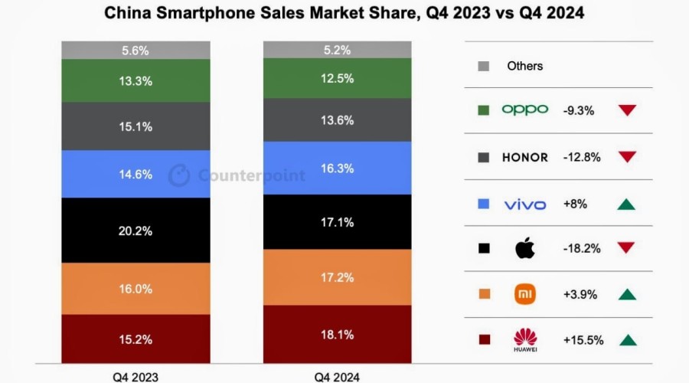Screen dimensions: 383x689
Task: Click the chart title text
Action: pyautogui.click(x=344, y=13)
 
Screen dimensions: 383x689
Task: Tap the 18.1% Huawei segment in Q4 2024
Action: pyautogui.click(x=337, y=334)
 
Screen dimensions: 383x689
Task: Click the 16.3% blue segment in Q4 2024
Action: pyautogui.click(x=337, y=168)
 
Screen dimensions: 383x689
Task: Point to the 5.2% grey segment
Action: pyautogui.click(x=337, y=50)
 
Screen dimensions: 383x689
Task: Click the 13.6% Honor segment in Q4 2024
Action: pyautogui.click(x=337, y=120)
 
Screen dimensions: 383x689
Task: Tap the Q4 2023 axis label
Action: pyautogui.click(x=135, y=376)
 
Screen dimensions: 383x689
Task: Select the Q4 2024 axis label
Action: pyautogui.click(x=338, y=376)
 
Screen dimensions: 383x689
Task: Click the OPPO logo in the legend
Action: pyautogui.click(x=524, y=110)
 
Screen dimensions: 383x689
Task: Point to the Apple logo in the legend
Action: pyautogui.click(x=525, y=248)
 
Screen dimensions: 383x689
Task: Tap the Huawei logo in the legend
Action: pyautogui.click(x=525, y=339)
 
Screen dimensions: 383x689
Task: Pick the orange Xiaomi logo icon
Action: pyautogui.click(x=525, y=294)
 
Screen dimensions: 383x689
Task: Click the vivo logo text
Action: pyautogui.click(x=525, y=204)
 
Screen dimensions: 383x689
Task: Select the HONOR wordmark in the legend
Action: pyautogui.click(x=524, y=157)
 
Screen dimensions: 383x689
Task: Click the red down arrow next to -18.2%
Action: pyautogui.click(x=627, y=249)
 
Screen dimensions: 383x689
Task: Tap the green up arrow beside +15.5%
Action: pyautogui.click(x=627, y=340)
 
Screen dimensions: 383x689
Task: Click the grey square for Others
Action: pyautogui.click(x=483, y=66)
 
